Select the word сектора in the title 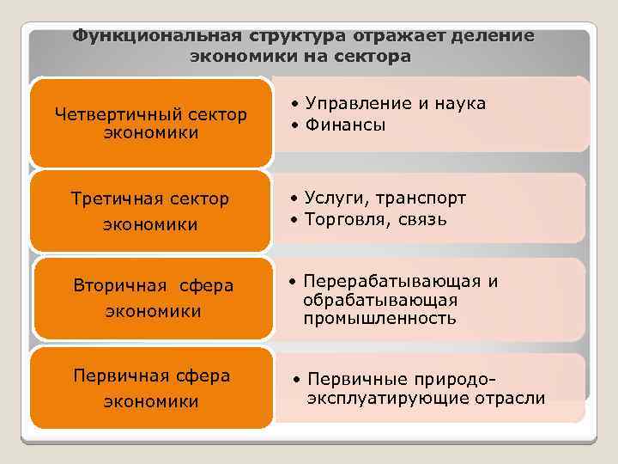[374, 57]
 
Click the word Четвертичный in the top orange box [111, 114]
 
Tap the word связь [421, 220]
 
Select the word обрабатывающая [379, 301]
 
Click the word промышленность [379, 319]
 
